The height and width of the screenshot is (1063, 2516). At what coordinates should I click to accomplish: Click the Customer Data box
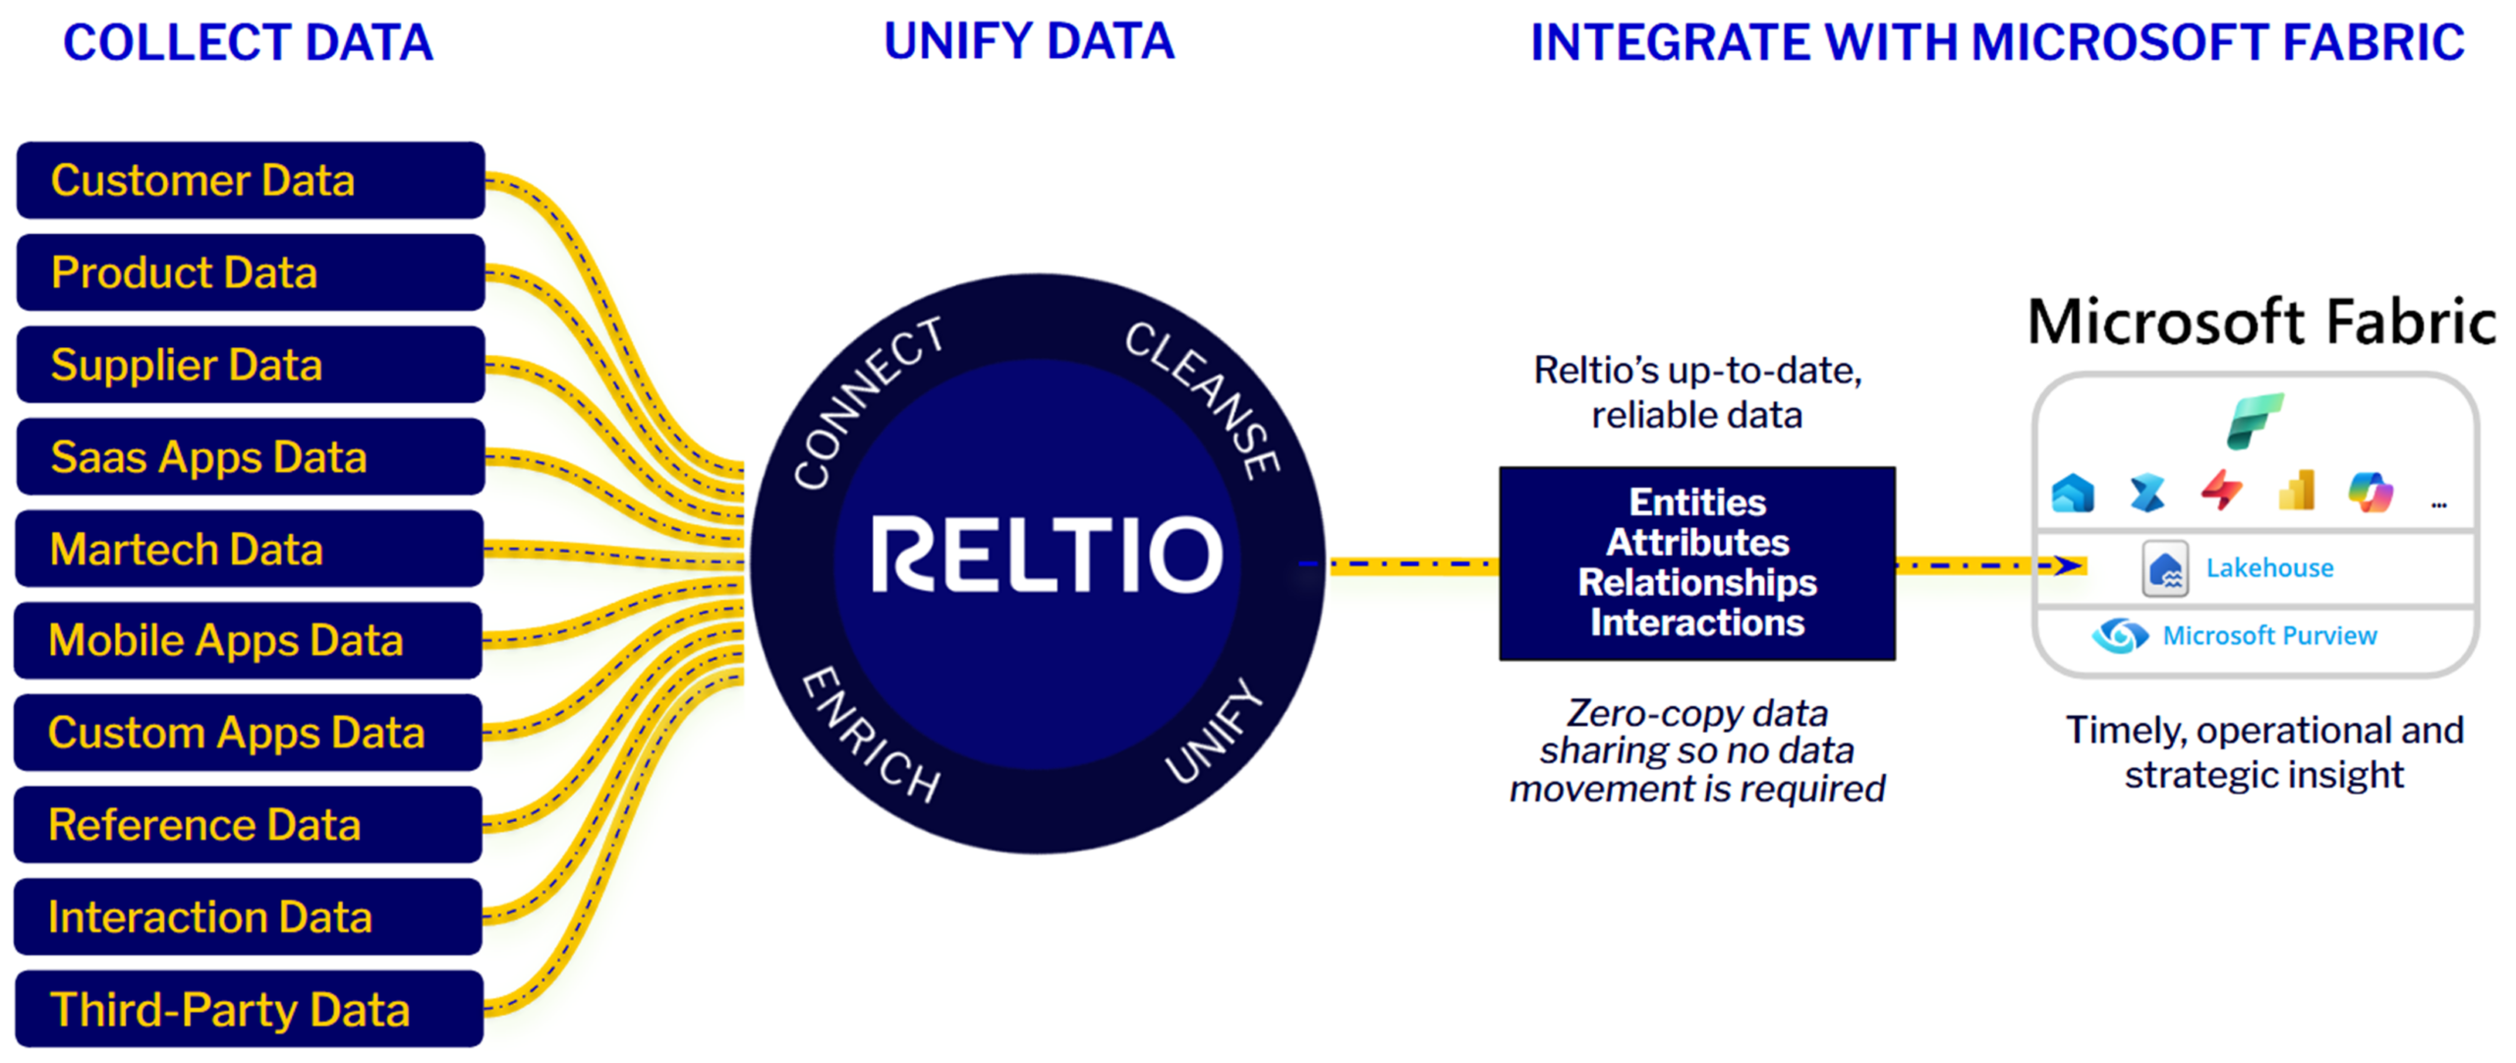pyautogui.click(x=250, y=180)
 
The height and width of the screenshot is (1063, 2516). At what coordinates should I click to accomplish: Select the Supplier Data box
pyautogui.click(x=250, y=365)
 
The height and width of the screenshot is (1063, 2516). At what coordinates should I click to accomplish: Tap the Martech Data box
pyautogui.click(x=250, y=549)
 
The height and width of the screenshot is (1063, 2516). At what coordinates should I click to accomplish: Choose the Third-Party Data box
pyautogui.click(x=250, y=1009)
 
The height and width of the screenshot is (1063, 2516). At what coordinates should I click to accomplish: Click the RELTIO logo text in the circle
pyautogui.click(x=1046, y=555)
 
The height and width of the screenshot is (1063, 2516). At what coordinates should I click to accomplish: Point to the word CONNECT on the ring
pyautogui.click(x=867, y=403)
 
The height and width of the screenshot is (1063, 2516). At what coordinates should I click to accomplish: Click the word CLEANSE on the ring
pyautogui.click(x=1203, y=398)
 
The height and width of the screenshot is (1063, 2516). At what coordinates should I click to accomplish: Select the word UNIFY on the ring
pyautogui.click(x=1213, y=732)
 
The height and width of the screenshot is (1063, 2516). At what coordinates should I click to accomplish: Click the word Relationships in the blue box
pyautogui.click(x=1697, y=582)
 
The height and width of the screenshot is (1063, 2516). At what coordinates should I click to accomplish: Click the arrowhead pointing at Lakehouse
pyautogui.click(x=2070, y=564)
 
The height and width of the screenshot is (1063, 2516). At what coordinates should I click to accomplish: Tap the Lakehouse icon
pyautogui.click(x=2165, y=568)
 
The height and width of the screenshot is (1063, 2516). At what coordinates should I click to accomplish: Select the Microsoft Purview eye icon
pyautogui.click(x=2120, y=635)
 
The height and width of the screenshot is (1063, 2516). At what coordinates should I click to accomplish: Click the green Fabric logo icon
pyautogui.click(x=2254, y=421)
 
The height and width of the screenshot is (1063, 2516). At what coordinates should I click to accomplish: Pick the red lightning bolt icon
pyautogui.click(x=2221, y=491)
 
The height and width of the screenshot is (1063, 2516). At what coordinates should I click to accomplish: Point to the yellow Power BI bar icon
pyautogui.click(x=2297, y=490)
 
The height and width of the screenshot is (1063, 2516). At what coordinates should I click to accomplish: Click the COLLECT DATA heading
pyautogui.click(x=248, y=42)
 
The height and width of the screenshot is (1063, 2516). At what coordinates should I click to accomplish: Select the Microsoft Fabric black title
pyautogui.click(x=2260, y=322)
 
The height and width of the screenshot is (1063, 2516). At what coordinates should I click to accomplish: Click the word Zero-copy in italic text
pyautogui.click(x=1627, y=713)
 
